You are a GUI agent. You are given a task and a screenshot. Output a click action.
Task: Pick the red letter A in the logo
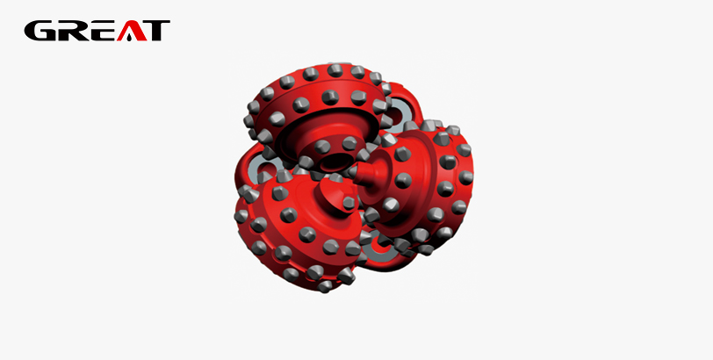click(132, 31)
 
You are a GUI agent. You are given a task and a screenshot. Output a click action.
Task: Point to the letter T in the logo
click(157, 31)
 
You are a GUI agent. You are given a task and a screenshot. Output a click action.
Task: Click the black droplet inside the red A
click(131, 37)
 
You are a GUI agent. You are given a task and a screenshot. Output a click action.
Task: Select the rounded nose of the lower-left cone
click(337, 196)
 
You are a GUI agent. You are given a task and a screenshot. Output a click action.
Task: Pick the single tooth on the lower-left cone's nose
click(349, 203)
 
